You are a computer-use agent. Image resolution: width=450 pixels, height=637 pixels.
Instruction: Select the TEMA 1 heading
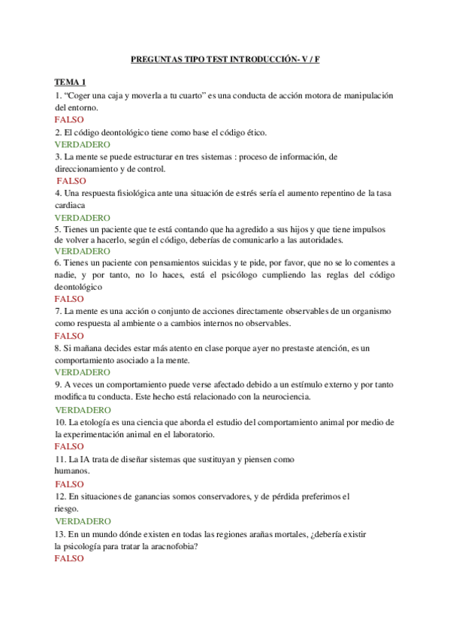point(71,82)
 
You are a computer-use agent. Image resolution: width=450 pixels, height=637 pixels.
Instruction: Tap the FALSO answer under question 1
point(69,119)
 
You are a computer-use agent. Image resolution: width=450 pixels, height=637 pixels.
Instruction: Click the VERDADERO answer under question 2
point(83,144)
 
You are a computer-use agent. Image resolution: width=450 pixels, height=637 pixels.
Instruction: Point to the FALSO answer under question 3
point(71,181)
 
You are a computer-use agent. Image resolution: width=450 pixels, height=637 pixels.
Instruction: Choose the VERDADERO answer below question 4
point(83,217)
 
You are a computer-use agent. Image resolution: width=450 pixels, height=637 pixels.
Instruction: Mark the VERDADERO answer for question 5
point(83,251)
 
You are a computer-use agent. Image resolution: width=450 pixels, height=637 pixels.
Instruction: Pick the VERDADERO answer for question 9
point(83,410)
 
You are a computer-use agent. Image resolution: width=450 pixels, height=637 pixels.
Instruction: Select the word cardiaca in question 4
point(70,205)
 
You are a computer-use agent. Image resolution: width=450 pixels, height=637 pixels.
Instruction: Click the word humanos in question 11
point(71,471)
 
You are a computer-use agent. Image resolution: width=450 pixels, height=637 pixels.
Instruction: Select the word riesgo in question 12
point(68,508)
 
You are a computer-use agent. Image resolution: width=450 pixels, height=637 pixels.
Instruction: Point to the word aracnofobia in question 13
point(174,546)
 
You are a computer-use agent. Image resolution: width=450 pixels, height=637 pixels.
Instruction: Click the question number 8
point(58,349)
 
